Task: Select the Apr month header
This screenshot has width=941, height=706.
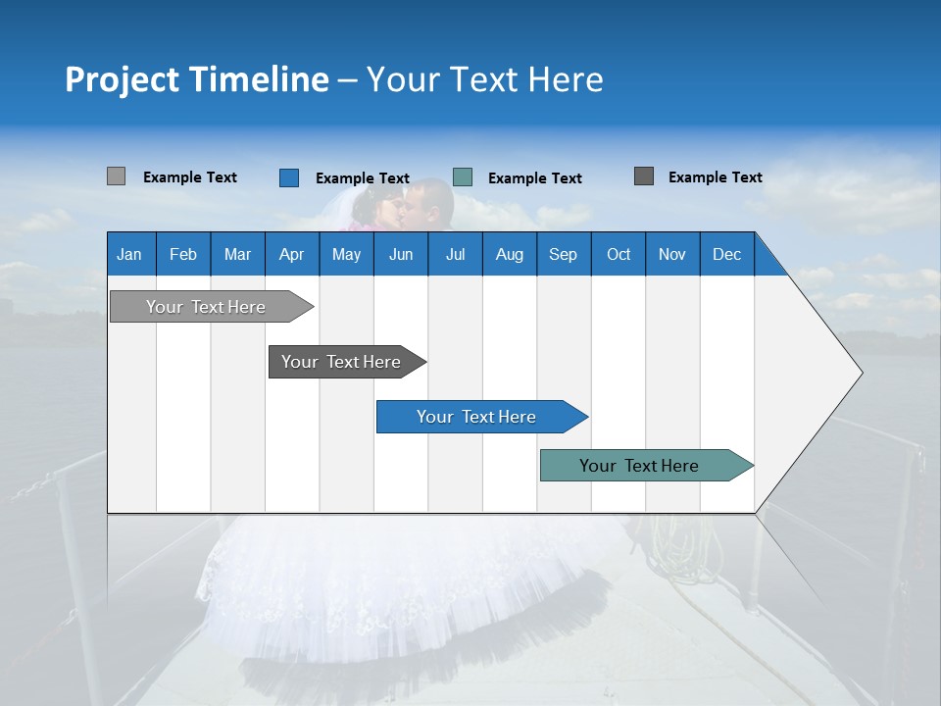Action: coord(292,254)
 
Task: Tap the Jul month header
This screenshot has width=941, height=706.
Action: coord(455,254)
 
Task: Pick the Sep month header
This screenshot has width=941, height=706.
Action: coord(563,254)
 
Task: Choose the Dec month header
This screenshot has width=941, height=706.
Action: coord(726,254)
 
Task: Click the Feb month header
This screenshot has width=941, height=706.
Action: coord(183,254)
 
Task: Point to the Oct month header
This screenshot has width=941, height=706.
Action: coord(619,254)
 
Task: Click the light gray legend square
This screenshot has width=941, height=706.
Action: coord(116,176)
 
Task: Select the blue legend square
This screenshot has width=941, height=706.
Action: coord(288,177)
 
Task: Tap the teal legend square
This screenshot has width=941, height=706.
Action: coord(463,177)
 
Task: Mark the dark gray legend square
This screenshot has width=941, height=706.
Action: coord(643,176)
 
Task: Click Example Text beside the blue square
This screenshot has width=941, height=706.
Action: coord(362,178)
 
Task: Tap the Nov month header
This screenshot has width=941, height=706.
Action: coord(672,254)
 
